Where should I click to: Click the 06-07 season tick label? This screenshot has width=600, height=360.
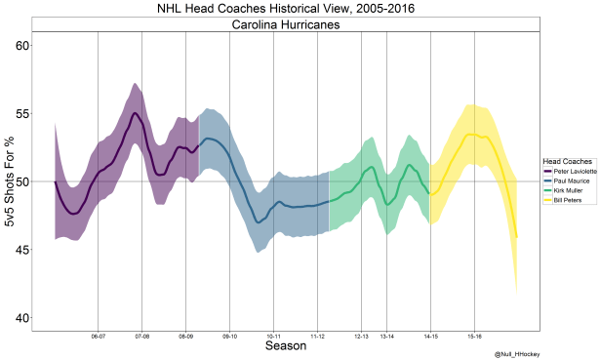click(98, 337)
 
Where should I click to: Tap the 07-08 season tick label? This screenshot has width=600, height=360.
click(141, 337)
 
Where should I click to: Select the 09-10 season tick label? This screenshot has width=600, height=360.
click(230, 337)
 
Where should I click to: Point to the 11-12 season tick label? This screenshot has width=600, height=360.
click(318, 337)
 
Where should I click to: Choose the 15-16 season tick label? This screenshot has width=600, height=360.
click(474, 337)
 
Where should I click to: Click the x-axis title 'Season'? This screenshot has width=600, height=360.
click(285, 346)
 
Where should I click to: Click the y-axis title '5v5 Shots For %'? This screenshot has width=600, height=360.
click(10, 181)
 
